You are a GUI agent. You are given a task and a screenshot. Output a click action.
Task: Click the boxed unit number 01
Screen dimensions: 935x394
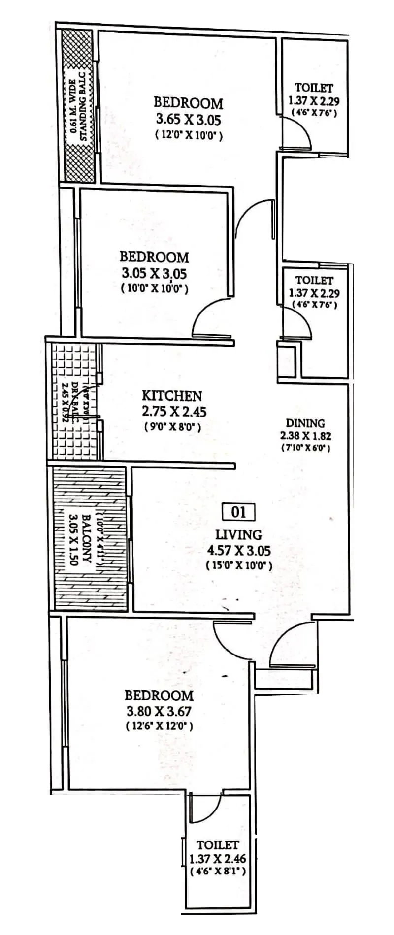coord(238,512)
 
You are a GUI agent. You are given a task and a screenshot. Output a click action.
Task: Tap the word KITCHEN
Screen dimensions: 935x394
coord(172,396)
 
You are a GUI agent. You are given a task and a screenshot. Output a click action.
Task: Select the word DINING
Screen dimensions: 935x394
coord(305,423)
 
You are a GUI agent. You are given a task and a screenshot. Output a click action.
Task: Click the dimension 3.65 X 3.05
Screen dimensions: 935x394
coord(189,119)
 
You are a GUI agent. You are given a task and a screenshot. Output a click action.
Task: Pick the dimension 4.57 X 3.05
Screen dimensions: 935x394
coord(239,551)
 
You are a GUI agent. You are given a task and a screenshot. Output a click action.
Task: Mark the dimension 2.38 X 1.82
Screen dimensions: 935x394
coord(305,436)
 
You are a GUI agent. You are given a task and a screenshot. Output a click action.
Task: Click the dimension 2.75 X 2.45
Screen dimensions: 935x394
coord(172,411)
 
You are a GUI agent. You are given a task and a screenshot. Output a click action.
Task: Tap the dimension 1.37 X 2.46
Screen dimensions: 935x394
coord(217,859)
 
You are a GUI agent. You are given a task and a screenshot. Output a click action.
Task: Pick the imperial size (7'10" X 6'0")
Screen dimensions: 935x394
coord(305,448)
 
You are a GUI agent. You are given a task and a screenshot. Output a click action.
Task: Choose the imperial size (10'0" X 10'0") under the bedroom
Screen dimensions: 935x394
coord(154,289)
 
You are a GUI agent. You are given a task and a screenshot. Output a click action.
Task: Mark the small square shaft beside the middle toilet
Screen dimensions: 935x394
coord(286,359)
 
